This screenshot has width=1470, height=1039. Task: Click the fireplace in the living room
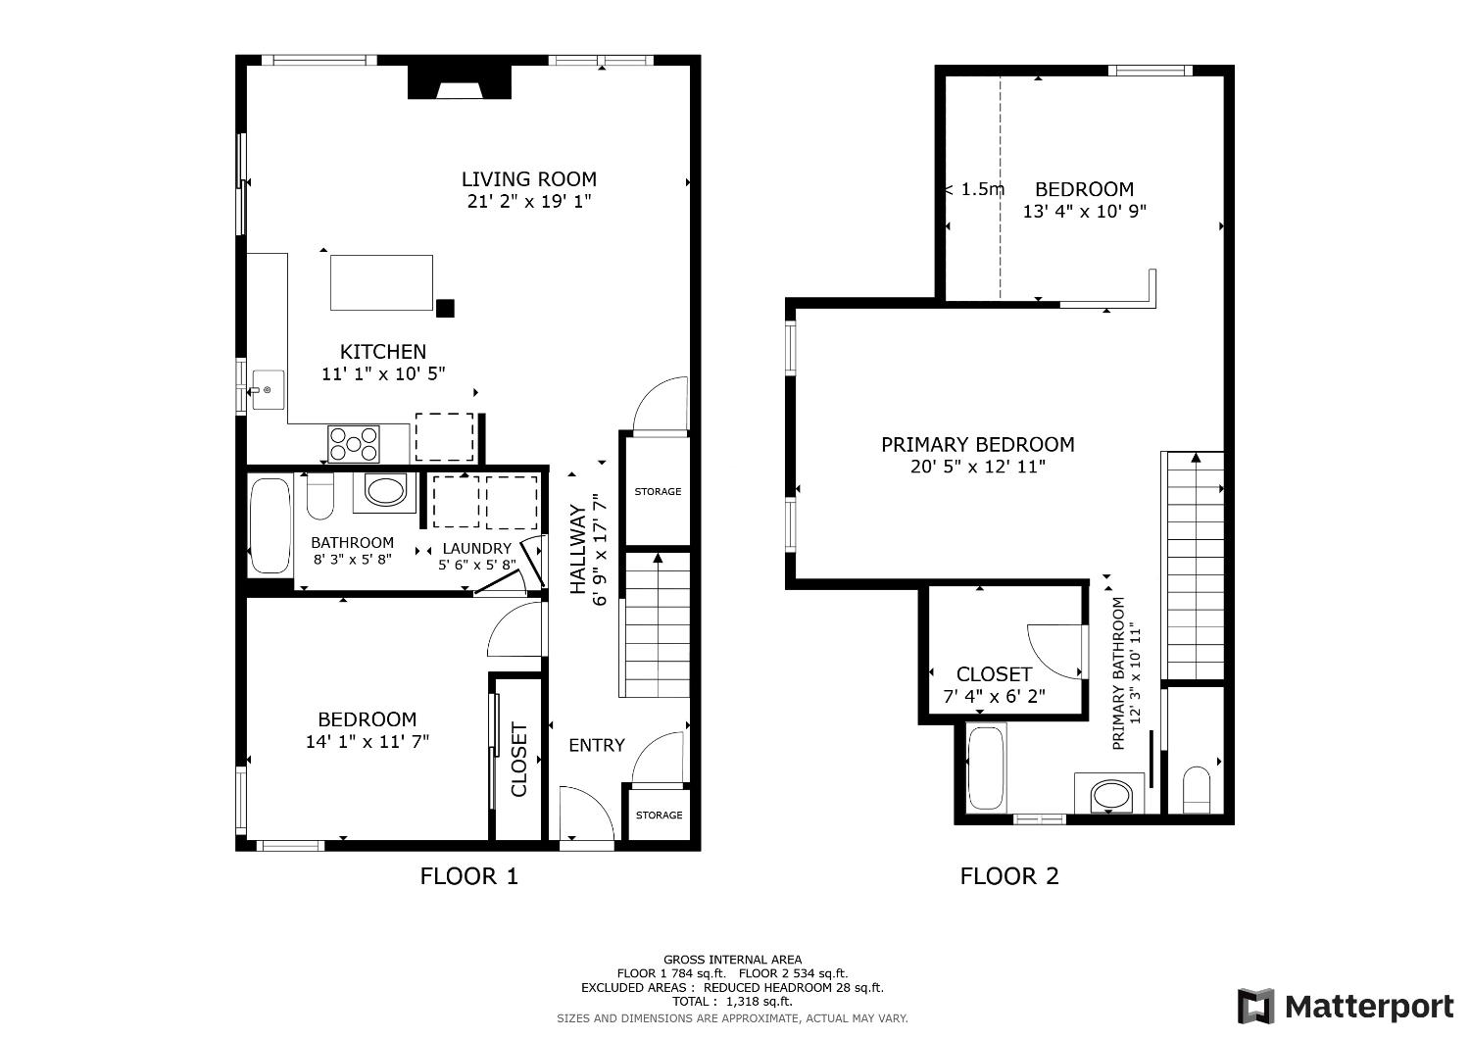[460, 82]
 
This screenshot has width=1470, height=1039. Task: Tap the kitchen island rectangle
[381, 282]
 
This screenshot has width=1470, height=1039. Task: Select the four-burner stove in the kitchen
[354, 443]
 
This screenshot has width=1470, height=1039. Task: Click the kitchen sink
[267, 390]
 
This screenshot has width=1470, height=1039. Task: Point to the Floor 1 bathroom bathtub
[269, 524]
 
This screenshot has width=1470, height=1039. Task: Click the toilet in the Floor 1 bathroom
[320, 497]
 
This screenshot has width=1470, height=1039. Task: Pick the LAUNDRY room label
[476, 548]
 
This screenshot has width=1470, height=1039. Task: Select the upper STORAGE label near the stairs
[658, 491]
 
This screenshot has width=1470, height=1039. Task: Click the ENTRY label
[596, 745]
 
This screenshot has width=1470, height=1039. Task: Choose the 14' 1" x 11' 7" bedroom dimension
[367, 742]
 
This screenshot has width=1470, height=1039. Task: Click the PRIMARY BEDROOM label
[977, 445]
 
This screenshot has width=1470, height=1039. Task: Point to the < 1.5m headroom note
[975, 189]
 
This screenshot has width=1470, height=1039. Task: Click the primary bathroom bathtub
[986, 768]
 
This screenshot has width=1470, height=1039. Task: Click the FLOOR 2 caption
[1009, 876]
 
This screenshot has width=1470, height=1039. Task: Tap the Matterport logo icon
[1255, 1007]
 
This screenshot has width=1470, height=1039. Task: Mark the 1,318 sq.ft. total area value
[758, 1002]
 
